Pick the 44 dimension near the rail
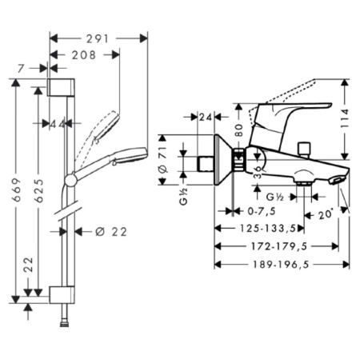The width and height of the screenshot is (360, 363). pyautogui.click(x=56, y=125)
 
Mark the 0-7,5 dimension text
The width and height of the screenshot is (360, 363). pyautogui.click(x=256, y=212)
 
